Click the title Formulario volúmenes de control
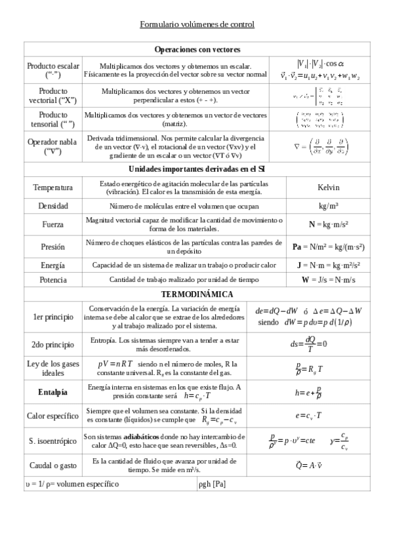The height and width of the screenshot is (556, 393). (197, 24)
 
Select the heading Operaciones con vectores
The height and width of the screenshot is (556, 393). (197, 49)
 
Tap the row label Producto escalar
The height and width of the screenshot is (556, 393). (53, 70)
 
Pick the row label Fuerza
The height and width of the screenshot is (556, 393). (52, 224)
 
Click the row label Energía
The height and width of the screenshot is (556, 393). (52, 266)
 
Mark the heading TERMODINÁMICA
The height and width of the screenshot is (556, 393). (197, 294)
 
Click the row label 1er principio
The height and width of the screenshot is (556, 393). (53, 317)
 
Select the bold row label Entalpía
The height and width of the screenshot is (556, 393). (52, 392)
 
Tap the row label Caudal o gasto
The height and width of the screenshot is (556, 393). (52, 466)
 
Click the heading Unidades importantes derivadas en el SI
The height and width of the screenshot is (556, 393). (197, 169)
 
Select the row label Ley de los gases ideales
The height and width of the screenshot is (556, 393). (52, 368)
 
